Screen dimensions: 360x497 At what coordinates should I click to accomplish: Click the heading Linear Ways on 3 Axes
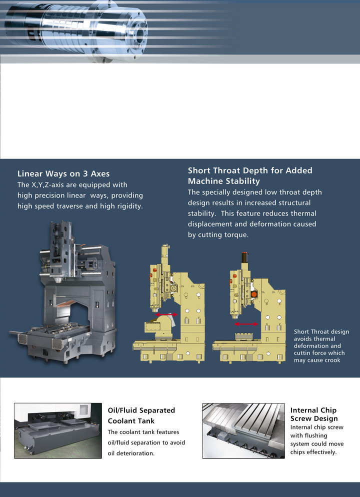63,173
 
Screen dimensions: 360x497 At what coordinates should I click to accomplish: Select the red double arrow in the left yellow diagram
166,314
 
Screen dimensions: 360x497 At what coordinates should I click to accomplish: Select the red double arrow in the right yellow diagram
246,324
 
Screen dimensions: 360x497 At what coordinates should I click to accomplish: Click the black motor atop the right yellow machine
244,257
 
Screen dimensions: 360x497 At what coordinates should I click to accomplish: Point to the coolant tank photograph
58,430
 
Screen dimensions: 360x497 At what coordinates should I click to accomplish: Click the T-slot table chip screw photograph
243,430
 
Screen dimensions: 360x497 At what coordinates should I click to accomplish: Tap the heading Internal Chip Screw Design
313,414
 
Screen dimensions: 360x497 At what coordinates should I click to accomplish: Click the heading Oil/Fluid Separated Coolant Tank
141,415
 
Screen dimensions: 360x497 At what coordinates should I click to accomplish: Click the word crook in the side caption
332,360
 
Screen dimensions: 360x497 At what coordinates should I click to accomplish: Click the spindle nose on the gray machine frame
58,280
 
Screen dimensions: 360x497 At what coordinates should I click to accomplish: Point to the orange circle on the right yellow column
254,294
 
